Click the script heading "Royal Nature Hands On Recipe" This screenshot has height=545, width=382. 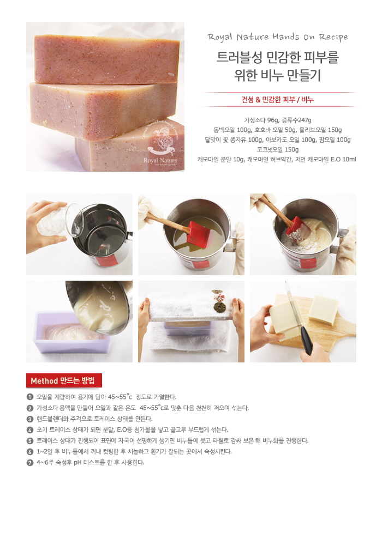(x=277, y=37)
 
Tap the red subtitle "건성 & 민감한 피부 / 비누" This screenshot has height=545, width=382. (x=278, y=100)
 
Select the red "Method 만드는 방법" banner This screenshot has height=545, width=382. (x=64, y=380)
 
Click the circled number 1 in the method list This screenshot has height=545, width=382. (x=30, y=397)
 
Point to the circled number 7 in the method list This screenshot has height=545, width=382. (x=30, y=463)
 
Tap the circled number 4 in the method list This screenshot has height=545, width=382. (x=30, y=430)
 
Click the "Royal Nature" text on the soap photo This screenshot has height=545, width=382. (x=160, y=160)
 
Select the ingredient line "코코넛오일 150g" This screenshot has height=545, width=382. (x=278, y=149)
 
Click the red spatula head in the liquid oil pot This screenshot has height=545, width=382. (x=197, y=234)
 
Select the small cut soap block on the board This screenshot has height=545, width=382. (x=323, y=310)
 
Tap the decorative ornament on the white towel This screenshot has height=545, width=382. (x=218, y=301)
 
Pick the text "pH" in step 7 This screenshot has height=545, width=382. (x=77, y=463)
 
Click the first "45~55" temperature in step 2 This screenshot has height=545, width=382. (x=149, y=408)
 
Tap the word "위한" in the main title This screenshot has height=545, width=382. (x=246, y=75)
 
